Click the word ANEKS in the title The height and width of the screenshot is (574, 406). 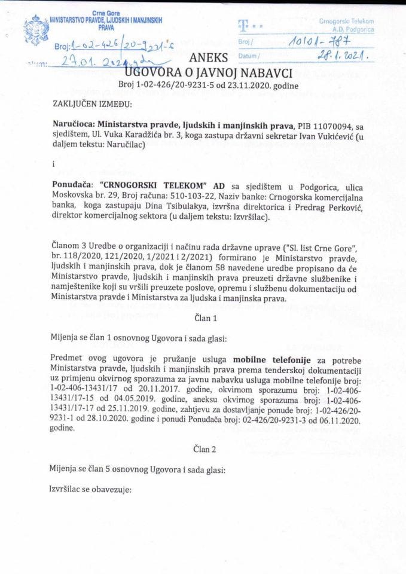pyautogui.click(x=205, y=59)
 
